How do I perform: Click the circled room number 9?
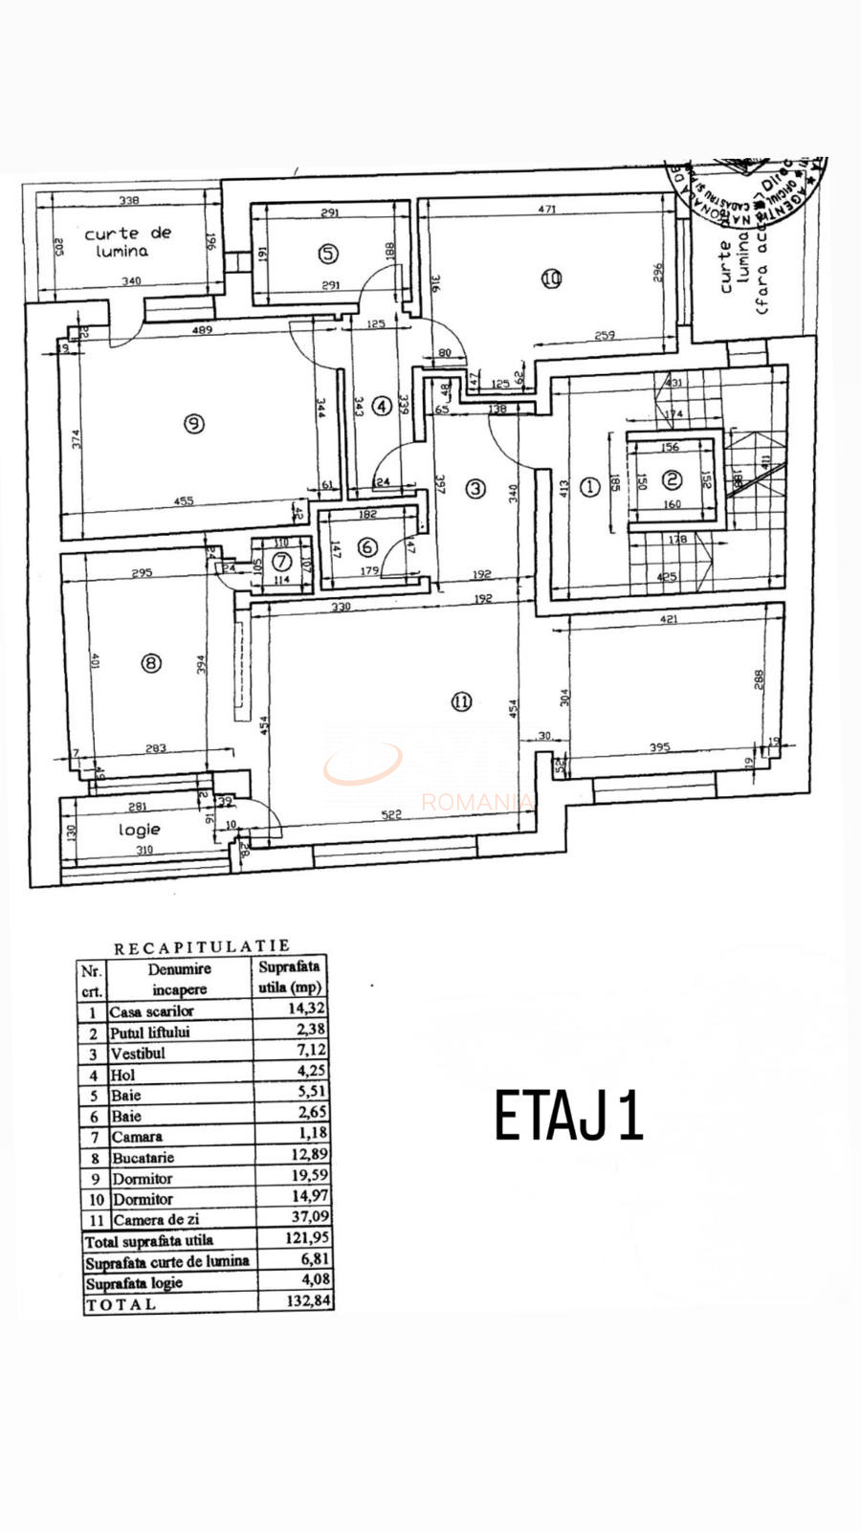coord(194,422)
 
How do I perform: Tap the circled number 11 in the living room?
coord(461,701)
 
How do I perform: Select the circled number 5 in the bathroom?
coord(328,254)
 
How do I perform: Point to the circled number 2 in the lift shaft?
coord(673,479)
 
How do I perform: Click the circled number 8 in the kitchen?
coord(150,662)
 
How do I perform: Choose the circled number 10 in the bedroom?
coord(550,279)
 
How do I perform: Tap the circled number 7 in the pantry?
coord(281,562)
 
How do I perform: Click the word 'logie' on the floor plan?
coord(140,830)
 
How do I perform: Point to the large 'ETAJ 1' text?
coord(568,1116)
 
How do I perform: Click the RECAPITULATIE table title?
coord(202,948)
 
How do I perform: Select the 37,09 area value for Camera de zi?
coord(306,1219)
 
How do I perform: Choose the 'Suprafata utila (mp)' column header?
coord(290,977)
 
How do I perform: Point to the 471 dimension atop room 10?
coord(546,209)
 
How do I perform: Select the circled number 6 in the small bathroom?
coord(367,547)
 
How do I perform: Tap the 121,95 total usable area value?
coord(306,1240)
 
